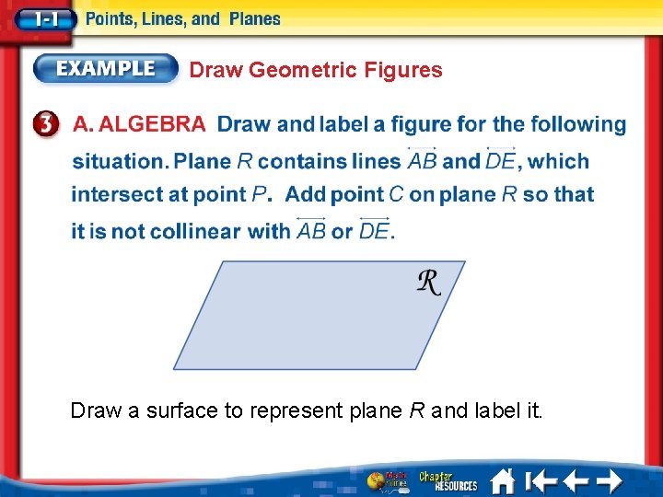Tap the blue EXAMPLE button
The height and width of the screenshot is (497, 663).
pos(106,68)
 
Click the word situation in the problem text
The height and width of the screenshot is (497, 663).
pos(118,161)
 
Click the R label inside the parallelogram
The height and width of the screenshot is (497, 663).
pos(428,283)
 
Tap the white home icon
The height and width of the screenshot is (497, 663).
pos(502,481)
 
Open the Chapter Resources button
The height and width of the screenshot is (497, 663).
pos(448,481)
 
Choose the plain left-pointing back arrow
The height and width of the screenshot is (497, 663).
pos(576,481)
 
